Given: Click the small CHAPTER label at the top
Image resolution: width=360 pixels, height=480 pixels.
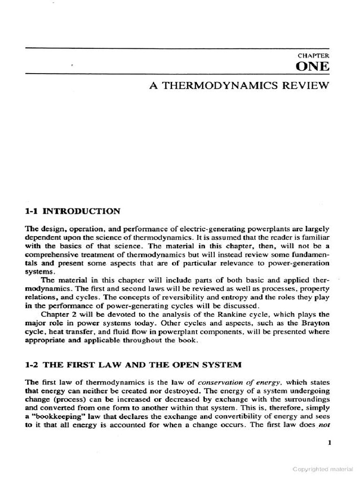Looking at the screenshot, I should coord(313,55).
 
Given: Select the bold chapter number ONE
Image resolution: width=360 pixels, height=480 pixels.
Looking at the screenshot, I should coord(313,67).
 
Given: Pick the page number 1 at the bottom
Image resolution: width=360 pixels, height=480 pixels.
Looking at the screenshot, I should coord(330,442).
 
